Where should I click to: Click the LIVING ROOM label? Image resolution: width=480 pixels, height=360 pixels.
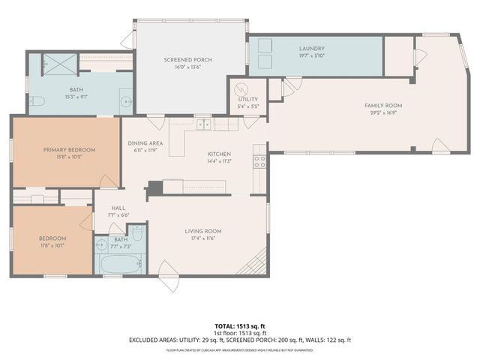(202, 231)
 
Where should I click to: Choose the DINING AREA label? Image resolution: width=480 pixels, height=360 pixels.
(145, 143)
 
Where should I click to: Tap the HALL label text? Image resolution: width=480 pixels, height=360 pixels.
(118, 208)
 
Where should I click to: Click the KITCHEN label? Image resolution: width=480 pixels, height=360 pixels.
(219, 153)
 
